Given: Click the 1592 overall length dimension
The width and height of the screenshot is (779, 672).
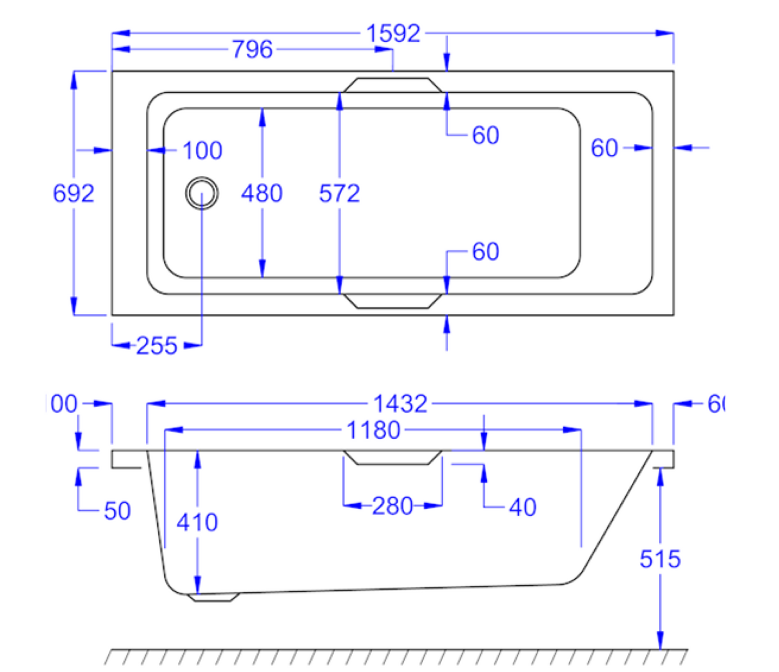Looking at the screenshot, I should pos(393,33).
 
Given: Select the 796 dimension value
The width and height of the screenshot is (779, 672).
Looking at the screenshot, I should pos(252,50).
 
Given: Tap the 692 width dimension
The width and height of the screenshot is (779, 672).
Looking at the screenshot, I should pos(73,193).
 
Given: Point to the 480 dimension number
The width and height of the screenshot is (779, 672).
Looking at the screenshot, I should pos(261,193).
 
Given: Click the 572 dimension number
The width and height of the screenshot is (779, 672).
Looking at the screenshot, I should pos(339,193).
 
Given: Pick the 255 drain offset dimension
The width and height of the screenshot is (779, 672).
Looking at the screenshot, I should pos(156,346).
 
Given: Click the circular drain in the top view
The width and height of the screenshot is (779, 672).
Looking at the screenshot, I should pos(202,193).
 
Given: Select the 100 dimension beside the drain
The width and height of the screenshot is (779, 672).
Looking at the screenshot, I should pos(202,150).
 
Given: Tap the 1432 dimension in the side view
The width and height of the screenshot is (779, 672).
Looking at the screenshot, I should pos(400,403).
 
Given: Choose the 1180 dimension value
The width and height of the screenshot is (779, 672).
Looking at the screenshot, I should pos(373,430).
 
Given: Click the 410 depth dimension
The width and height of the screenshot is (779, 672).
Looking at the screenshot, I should pos(197,522).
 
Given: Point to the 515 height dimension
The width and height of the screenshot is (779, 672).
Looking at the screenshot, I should pos(660,559).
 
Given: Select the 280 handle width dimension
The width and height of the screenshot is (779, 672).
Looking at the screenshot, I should pos(392,506).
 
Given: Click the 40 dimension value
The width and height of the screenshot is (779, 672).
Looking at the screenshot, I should pos(522,508).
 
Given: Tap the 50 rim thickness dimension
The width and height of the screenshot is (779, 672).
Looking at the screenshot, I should pos(117,511).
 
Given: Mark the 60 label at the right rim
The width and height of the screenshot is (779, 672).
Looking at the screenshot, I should pos(604,148).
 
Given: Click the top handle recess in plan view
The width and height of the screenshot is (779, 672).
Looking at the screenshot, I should pos(393,85).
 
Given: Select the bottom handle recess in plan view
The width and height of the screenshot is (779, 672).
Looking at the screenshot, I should pos(393,301).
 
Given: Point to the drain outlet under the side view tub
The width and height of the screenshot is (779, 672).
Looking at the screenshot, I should pos(213,598).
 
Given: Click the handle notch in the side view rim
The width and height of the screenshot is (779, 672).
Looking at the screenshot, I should pos(393,457).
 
